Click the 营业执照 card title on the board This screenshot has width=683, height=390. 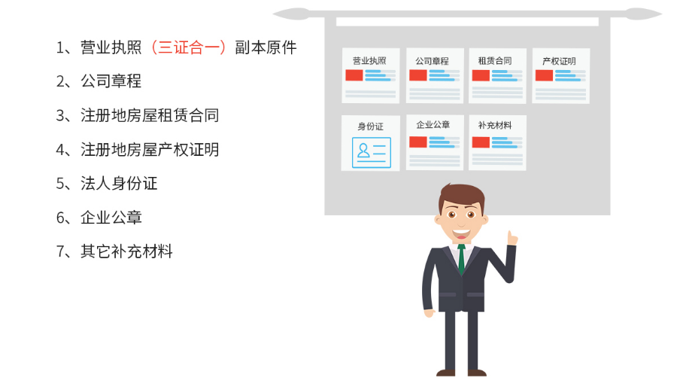pyautogui.click(x=369, y=61)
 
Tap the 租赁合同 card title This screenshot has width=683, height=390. pyautogui.click(x=495, y=61)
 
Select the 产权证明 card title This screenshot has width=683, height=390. pyautogui.click(x=559, y=61)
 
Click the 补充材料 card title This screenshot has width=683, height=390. pyautogui.click(x=495, y=126)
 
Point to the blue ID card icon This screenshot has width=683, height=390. pyautogui.click(x=372, y=153)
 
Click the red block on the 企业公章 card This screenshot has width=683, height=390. pyautogui.click(x=418, y=142)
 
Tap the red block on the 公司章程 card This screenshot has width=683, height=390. pyautogui.click(x=418, y=75)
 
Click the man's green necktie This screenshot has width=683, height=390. pyautogui.click(x=461, y=259)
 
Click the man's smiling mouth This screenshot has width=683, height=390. pyautogui.click(x=461, y=234)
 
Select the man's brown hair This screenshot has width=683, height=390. pyautogui.click(x=461, y=195)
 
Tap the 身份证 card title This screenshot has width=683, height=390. pyautogui.click(x=370, y=126)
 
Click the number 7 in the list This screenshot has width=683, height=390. pyautogui.click(x=60, y=251)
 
